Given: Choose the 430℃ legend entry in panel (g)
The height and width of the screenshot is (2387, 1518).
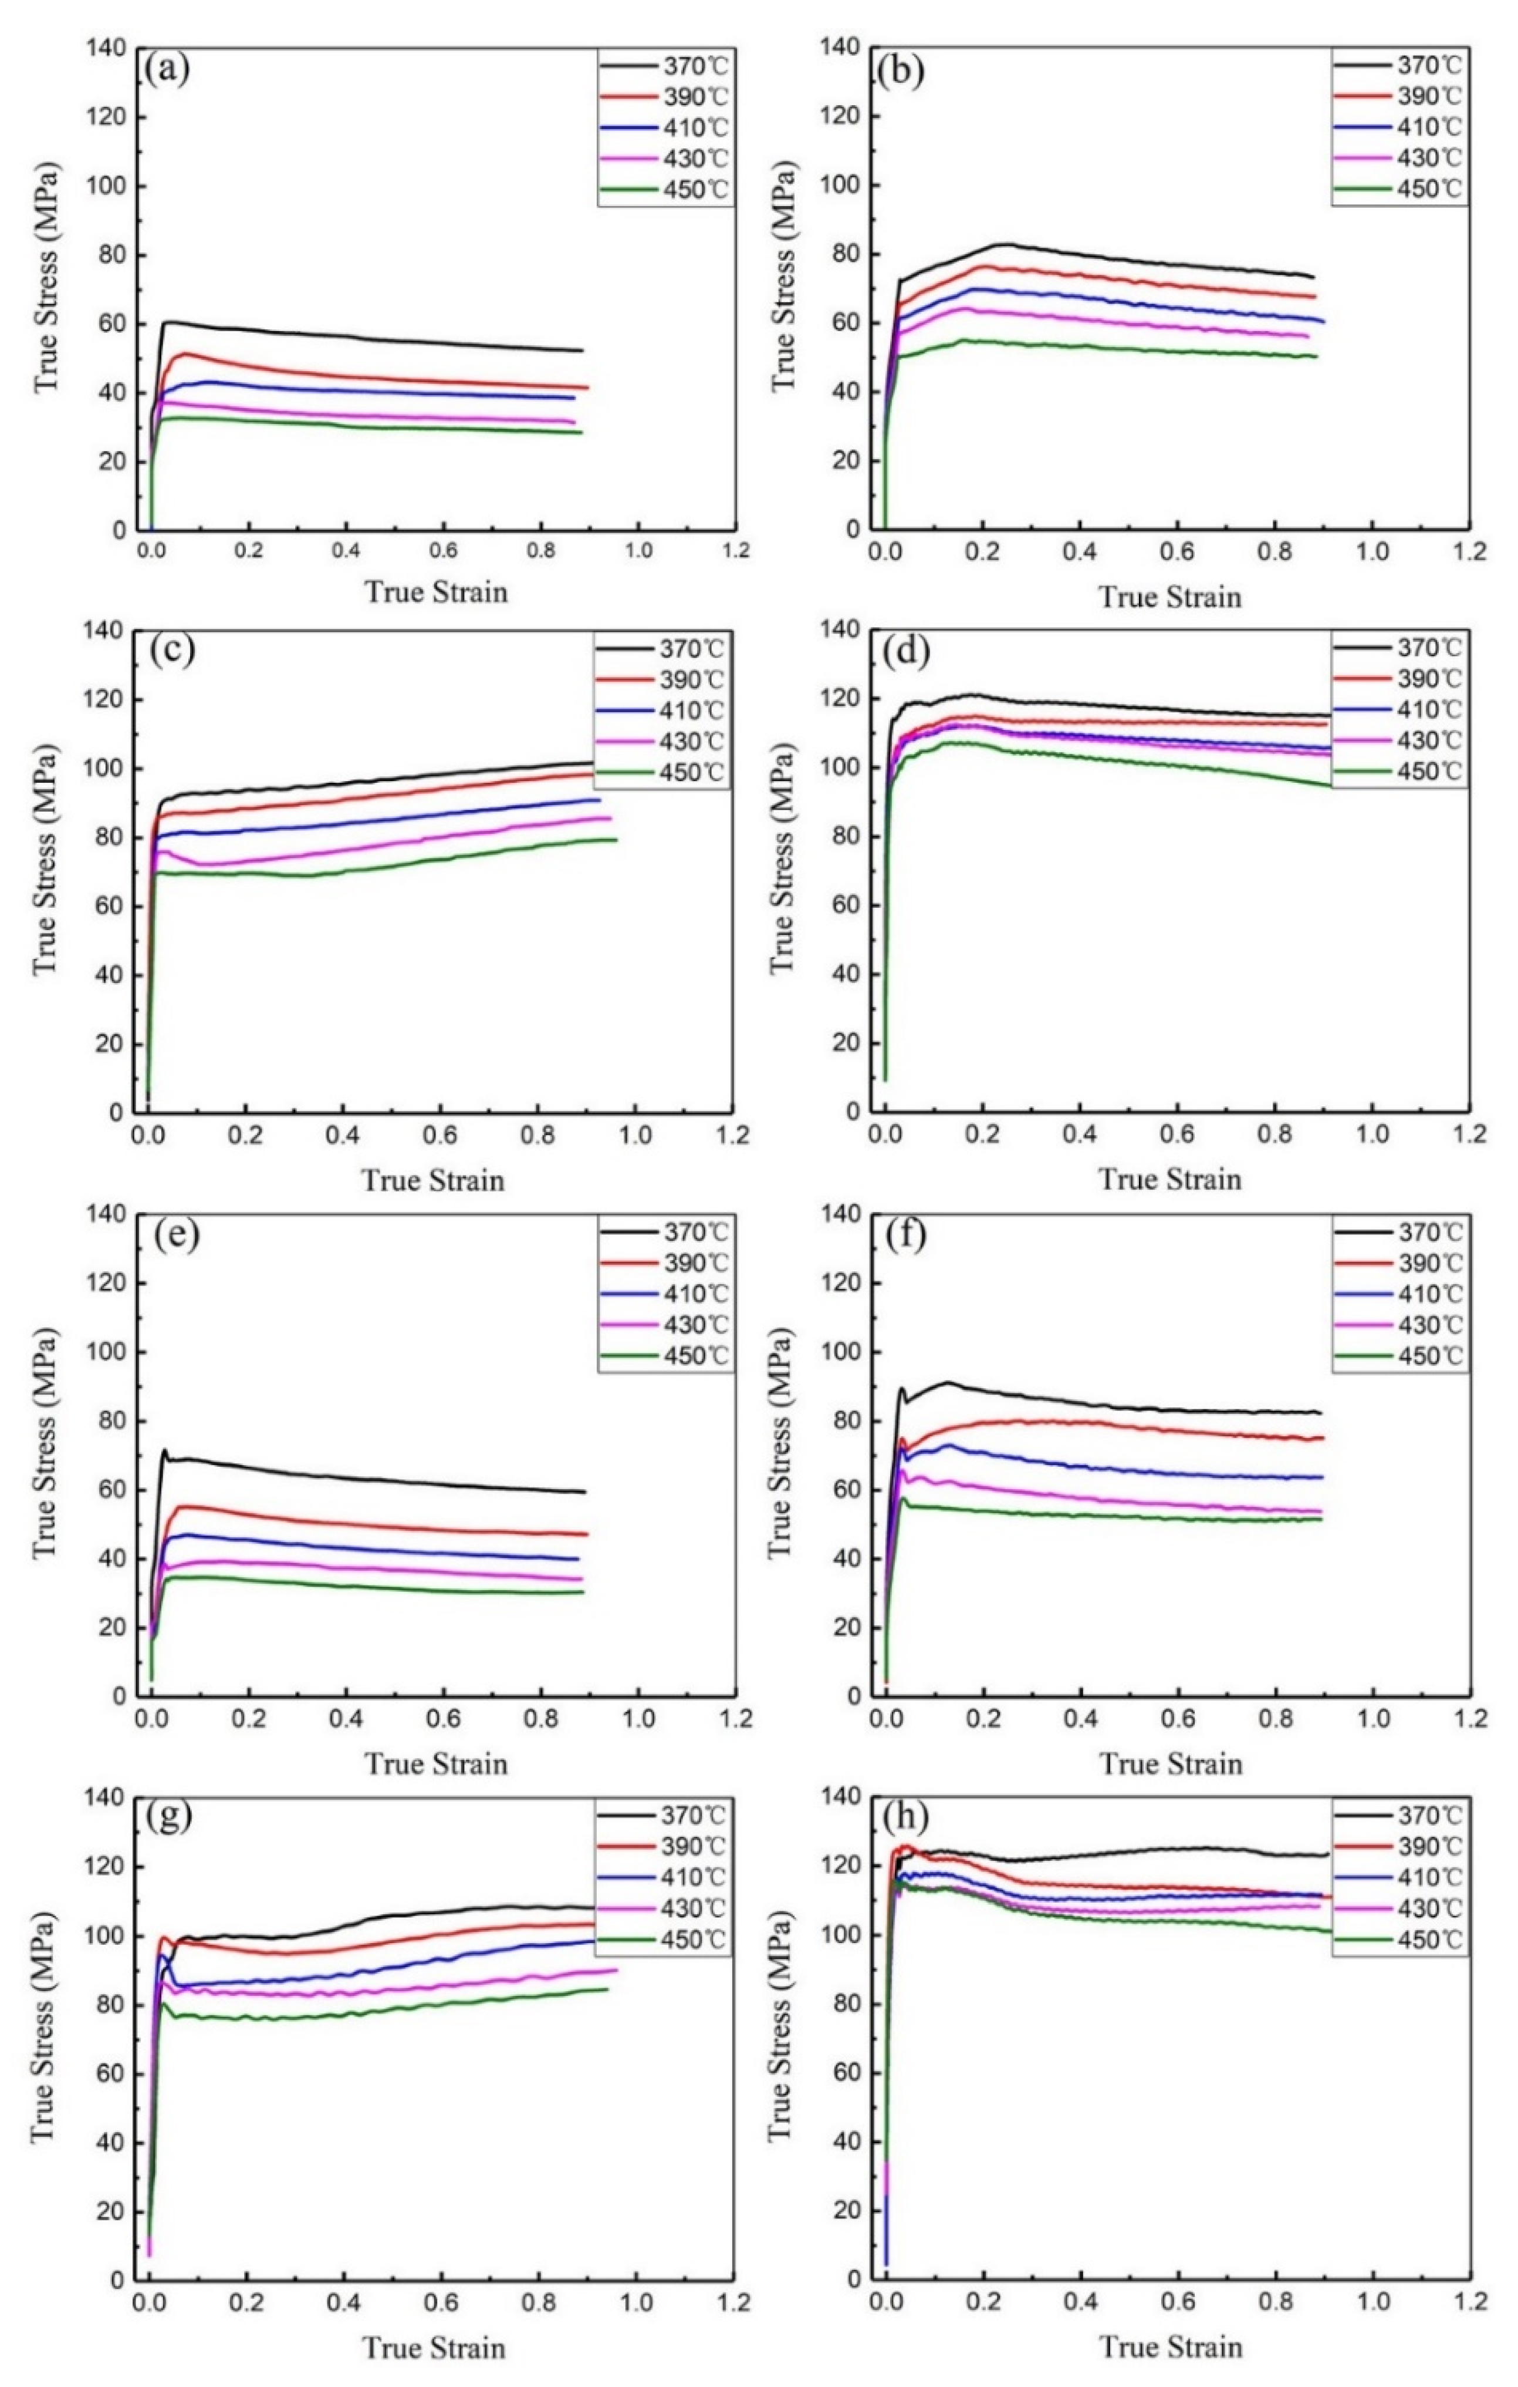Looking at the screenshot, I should pos(692,1908).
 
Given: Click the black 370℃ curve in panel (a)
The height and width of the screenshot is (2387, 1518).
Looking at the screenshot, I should pos(396,337).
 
